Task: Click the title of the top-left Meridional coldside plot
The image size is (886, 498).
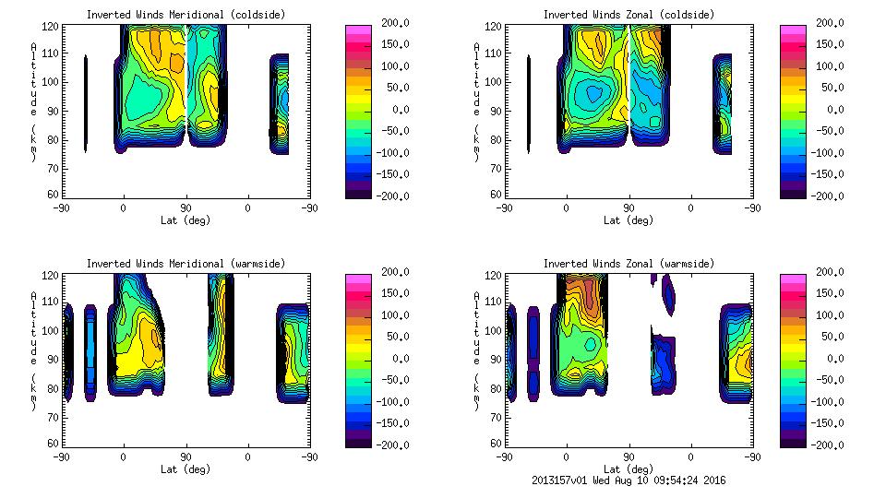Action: point(186,15)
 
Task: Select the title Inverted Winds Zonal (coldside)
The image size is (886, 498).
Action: point(629,15)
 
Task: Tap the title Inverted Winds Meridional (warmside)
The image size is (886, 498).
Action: point(186,264)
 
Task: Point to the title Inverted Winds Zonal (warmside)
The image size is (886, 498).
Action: point(629,264)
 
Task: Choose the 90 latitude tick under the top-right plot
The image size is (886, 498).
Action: point(629,208)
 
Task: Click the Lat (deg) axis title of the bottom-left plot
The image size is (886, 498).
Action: point(185,469)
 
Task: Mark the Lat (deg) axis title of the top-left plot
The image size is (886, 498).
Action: point(185,220)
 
